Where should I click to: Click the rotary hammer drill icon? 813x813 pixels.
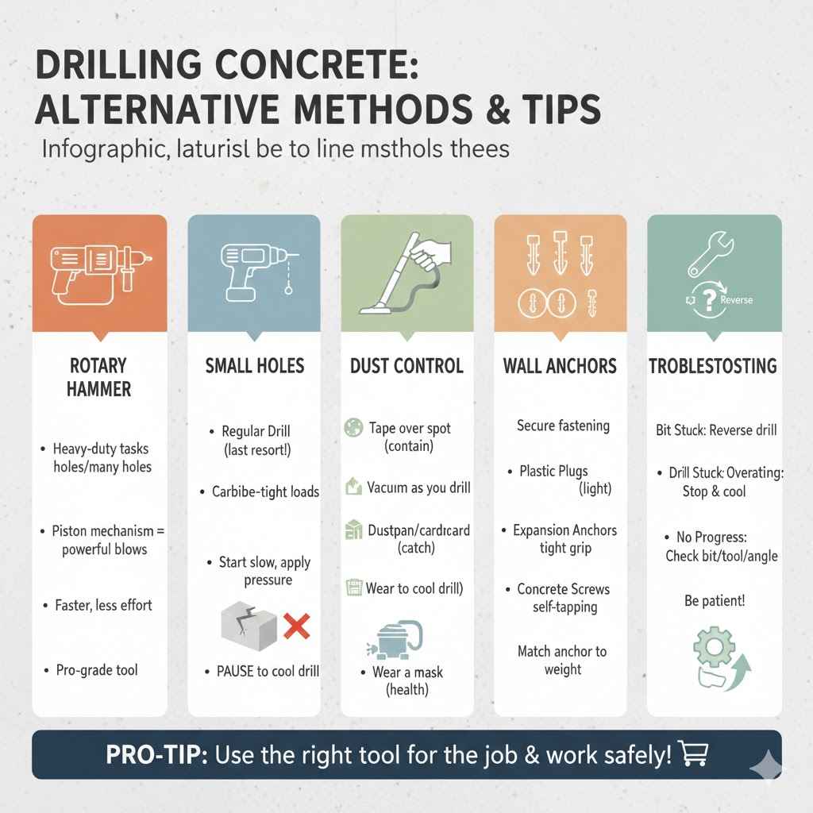(98, 272)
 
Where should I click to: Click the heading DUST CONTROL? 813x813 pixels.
(406, 366)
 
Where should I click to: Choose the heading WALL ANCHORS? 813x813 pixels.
(560, 366)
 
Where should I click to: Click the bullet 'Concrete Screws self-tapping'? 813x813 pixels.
(563, 598)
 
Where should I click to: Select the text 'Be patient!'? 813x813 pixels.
(715, 601)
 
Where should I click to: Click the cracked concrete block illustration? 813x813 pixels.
(249, 626)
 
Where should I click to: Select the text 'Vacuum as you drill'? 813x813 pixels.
(418, 487)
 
